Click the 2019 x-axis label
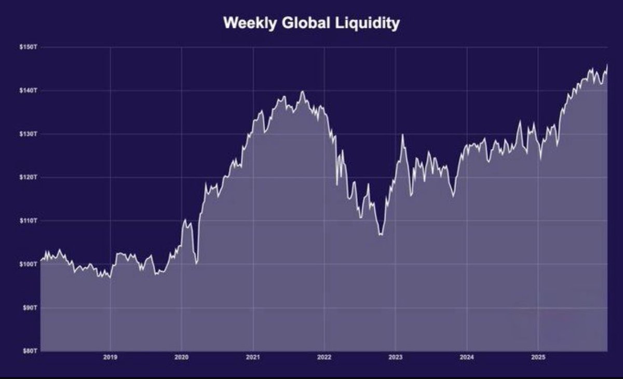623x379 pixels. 110,357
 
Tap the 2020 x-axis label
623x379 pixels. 181,357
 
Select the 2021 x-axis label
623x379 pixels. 253,357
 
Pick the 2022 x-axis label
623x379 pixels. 324,357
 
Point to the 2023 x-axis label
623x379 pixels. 396,357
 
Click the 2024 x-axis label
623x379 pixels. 467,357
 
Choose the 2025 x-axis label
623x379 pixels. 538,357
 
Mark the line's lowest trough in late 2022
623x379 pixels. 381,234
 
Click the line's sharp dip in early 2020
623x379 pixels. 196,263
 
